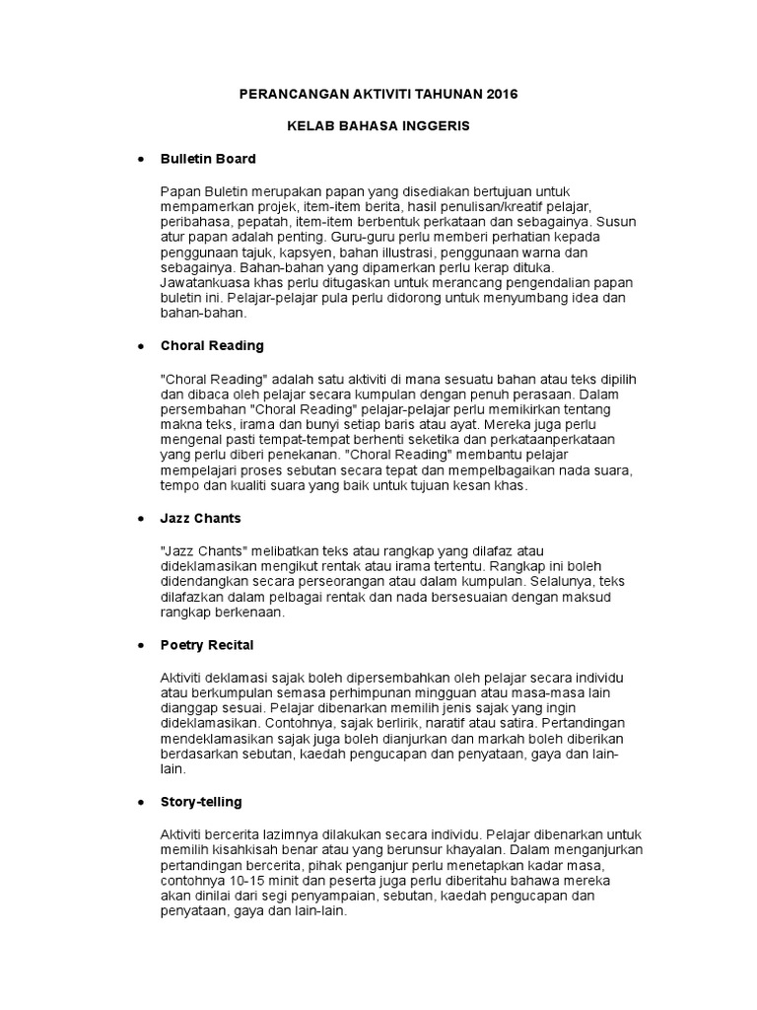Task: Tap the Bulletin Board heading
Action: click(207, 158)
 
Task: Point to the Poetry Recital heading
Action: click(206, 645)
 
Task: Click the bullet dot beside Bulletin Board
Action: click(140, 159)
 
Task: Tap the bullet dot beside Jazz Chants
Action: click(140, 519)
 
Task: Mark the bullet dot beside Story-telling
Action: click(140, 803)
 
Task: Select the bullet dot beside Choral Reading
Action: click(140, 347)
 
